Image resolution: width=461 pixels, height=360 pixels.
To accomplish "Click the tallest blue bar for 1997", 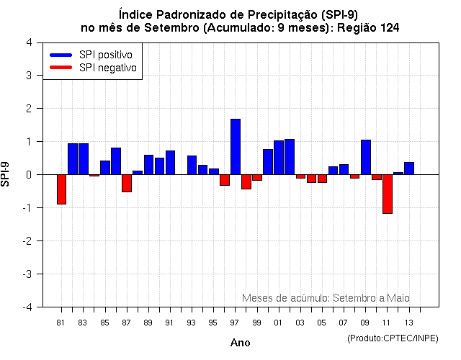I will [x=235, y=147].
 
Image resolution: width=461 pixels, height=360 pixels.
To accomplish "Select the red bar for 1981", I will [x=61, y=189].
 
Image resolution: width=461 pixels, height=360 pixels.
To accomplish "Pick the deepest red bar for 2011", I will [x=387, y=194].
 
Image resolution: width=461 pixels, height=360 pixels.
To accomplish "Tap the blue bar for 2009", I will [x=365, y=157].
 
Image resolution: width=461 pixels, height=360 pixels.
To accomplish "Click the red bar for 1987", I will [x=127, y=183].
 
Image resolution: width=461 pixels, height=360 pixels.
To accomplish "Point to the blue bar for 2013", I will [x=408, y=168].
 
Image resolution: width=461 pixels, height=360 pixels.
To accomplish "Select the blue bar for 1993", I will [x=192, y=165].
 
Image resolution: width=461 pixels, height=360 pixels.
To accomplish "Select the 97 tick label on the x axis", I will [x=235, y=322].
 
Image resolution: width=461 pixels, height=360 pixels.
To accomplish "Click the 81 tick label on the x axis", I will [x=61, y=322].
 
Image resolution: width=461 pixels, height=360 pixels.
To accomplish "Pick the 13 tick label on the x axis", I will [x=408, y=322].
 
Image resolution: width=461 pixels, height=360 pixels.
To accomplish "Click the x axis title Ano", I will [x=240, y=343].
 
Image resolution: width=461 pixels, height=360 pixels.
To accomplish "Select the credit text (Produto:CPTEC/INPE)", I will [x=393, y=338].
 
